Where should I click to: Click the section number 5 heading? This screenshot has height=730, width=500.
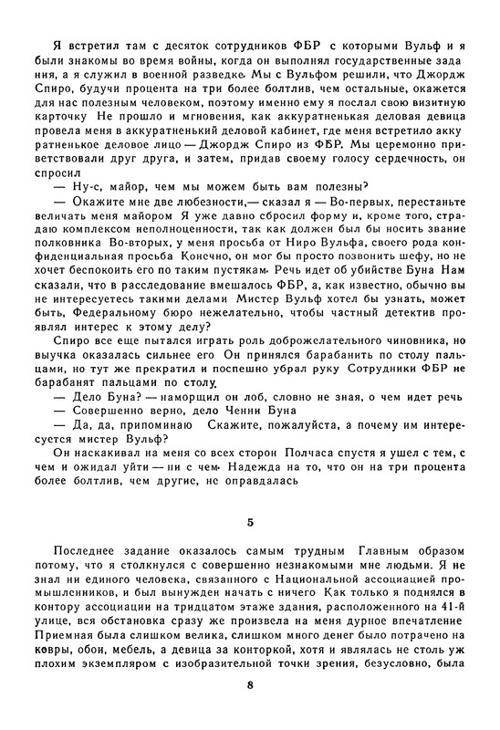[x=250, y=523]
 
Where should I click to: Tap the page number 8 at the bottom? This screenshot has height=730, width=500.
[x=250, y=683]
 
